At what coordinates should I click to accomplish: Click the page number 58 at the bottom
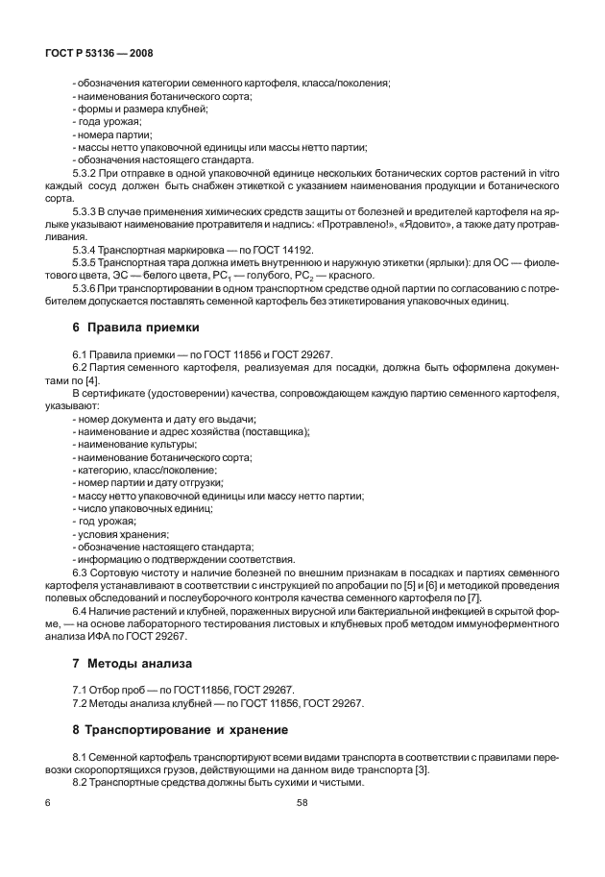(302, 801)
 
